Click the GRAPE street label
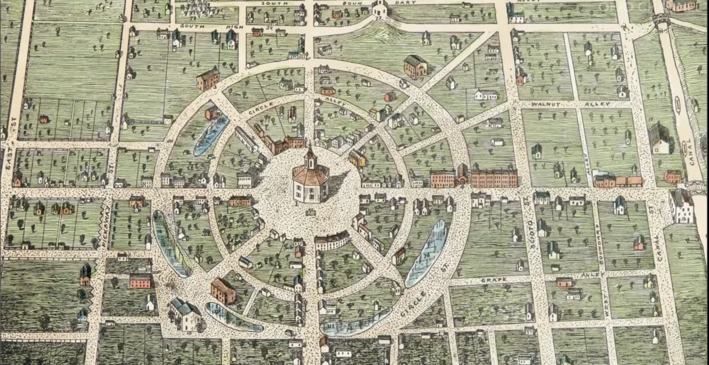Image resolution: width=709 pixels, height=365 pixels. click(x=494, y=280)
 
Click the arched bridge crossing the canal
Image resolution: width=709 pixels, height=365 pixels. click(x=661, y=19)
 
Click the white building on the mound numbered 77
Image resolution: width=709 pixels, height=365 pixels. click(x=379, y=8)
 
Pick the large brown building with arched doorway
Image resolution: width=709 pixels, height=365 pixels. click(x=415, y=66)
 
